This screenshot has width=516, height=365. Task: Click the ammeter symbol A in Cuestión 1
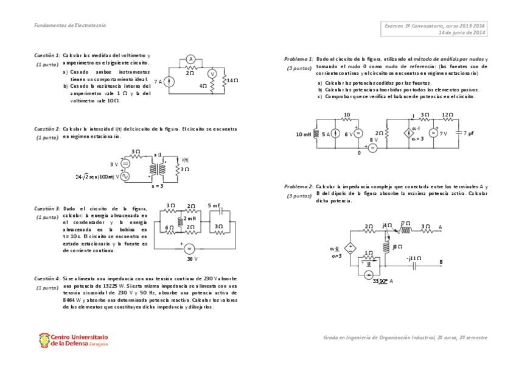point(190,59)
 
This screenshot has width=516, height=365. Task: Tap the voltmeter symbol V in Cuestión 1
point(212,73)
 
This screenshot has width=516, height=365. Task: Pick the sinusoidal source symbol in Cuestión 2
point(126,176)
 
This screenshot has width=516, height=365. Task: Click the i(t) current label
point(186,160)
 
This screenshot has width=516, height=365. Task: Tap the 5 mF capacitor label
point(214,205)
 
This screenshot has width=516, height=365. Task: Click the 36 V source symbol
point(188,249)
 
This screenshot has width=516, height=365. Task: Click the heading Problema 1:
point(299,58)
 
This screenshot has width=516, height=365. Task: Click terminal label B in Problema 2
point(441,262)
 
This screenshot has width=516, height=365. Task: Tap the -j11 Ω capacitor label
point(414,258)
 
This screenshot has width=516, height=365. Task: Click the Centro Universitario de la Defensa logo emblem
point(44,339)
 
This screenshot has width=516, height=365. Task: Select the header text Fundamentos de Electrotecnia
point(69,25)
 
